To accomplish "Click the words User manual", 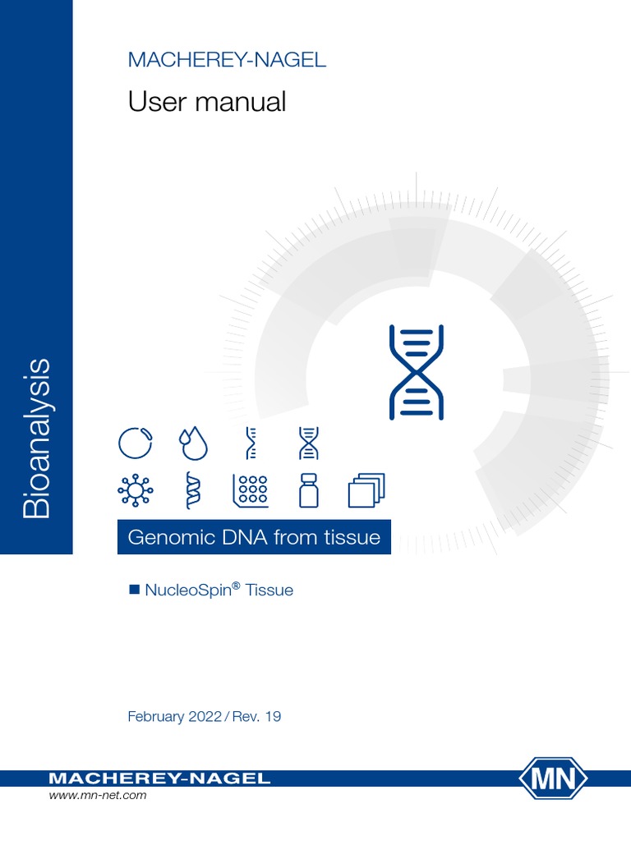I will tap(207, 103).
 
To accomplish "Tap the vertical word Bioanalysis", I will tap(37, 436).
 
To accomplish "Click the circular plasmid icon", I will tap(136, 443).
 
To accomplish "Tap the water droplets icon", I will tap(194, 443).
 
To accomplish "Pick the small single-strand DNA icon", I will tap(251, 443).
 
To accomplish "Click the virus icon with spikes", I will tap(136, 490).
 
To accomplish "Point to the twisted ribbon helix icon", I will tap(194, 490).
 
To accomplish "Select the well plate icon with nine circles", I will tap(251, 490).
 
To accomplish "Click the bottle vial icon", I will tap(309, 490).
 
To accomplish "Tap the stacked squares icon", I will tap(366, 490).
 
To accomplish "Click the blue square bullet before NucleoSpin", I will tap(136, 590).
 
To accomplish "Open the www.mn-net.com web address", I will tap(98, 796).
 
